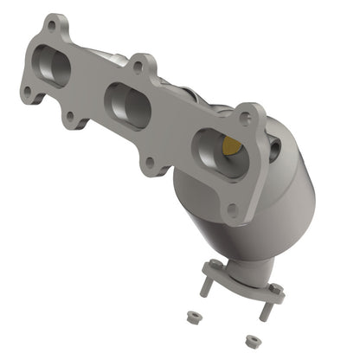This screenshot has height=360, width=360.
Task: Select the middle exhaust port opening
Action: pos(126,101)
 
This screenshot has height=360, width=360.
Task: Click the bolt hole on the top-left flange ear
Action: pos(54,26)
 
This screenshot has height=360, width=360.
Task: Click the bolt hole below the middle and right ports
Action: pos(151,162)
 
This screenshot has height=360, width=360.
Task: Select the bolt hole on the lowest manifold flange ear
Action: pos(232,207)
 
